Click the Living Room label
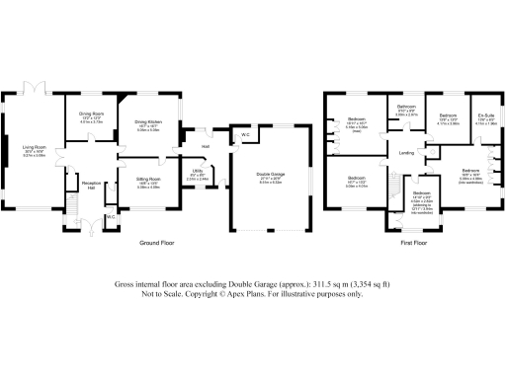[34, 148]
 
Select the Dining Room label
[92, 114]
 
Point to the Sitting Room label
[135, 181]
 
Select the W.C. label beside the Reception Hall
[111, 216]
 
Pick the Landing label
[406, 153]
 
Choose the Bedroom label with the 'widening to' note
[421, 198]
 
